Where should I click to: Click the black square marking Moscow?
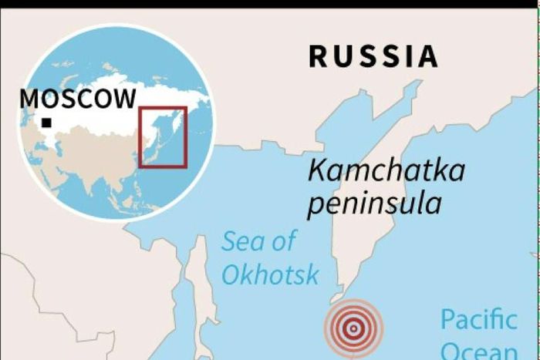point(47,123)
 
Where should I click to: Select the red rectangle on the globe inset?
point(162,136)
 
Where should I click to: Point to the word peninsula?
point(374,204)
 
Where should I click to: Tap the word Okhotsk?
point(270,274)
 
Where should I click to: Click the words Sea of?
point(258,241)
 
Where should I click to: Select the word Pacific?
point(478,318)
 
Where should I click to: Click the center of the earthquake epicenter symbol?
point(353,328)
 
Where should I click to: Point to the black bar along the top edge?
point(270,4)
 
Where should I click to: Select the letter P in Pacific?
point(447,318)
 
